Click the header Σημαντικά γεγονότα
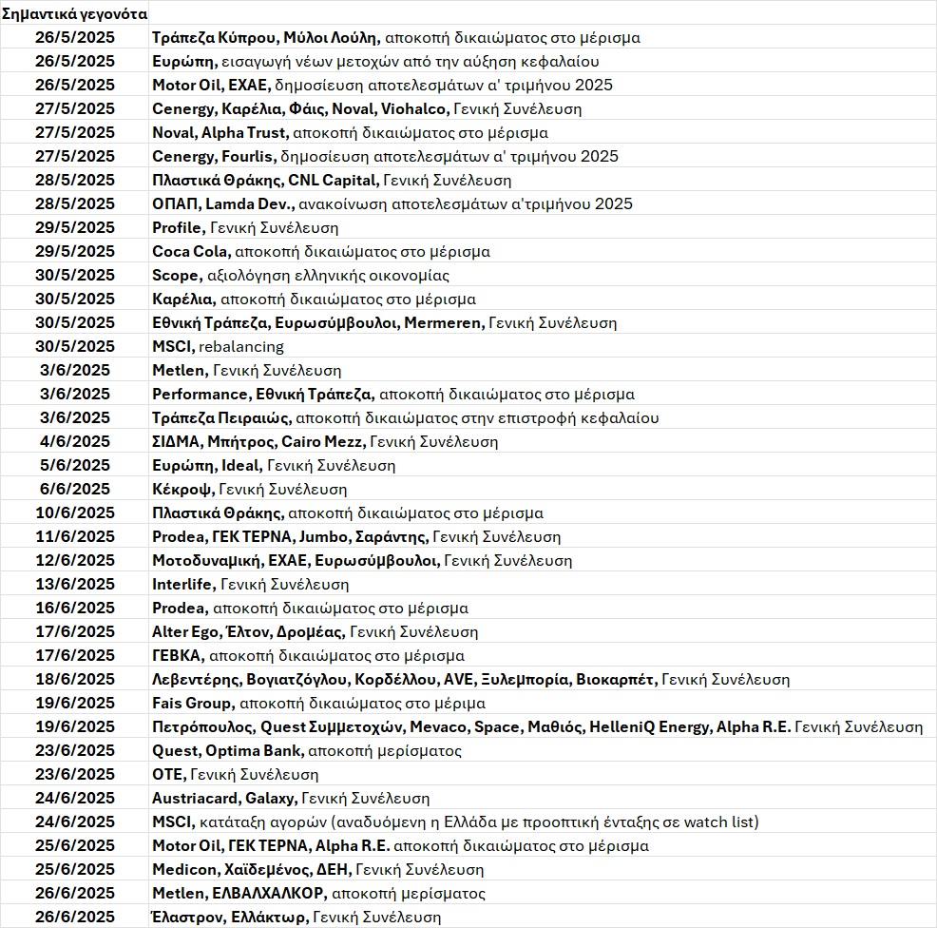pyautogui.click(x=75, y=14)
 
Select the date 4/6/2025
pyautogui.click(x=75, y=441)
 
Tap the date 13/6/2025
pyautogui.click(x=75, y=584)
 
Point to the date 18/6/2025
pyautogui.click(x=75, y=679)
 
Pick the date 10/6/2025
pyautogui.click(x=75, y=512)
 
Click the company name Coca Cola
pyautogui.click(x=190, y=251)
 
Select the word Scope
pyautogui.click(x=176, y=275)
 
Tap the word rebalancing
pyautogui.click(x=241, y=346)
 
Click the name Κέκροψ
pyautogui.click(x=182, y=489)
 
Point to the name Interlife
pyautogui.click(x=183, y=584)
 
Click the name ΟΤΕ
pyautogui.click(x=168, y=774)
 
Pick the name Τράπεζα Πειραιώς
pyautogui.click(x=221, y=417)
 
